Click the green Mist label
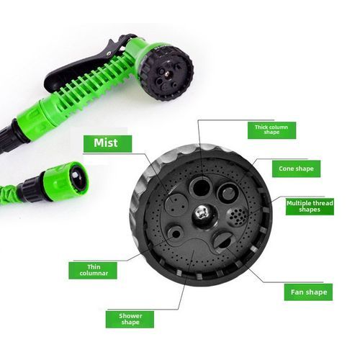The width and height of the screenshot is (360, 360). tap(105, 143)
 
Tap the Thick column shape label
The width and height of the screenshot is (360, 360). tap(271, 130)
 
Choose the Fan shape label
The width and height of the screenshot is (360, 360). tap(307, 292)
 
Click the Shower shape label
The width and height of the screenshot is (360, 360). tap(130, 319)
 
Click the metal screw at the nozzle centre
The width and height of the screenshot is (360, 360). tap(201, 212)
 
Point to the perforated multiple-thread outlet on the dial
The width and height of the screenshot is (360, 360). tap(235, 217)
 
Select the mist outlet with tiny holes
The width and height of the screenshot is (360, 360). tap(174, 202)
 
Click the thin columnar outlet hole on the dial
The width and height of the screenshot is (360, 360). tap(175, 233)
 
